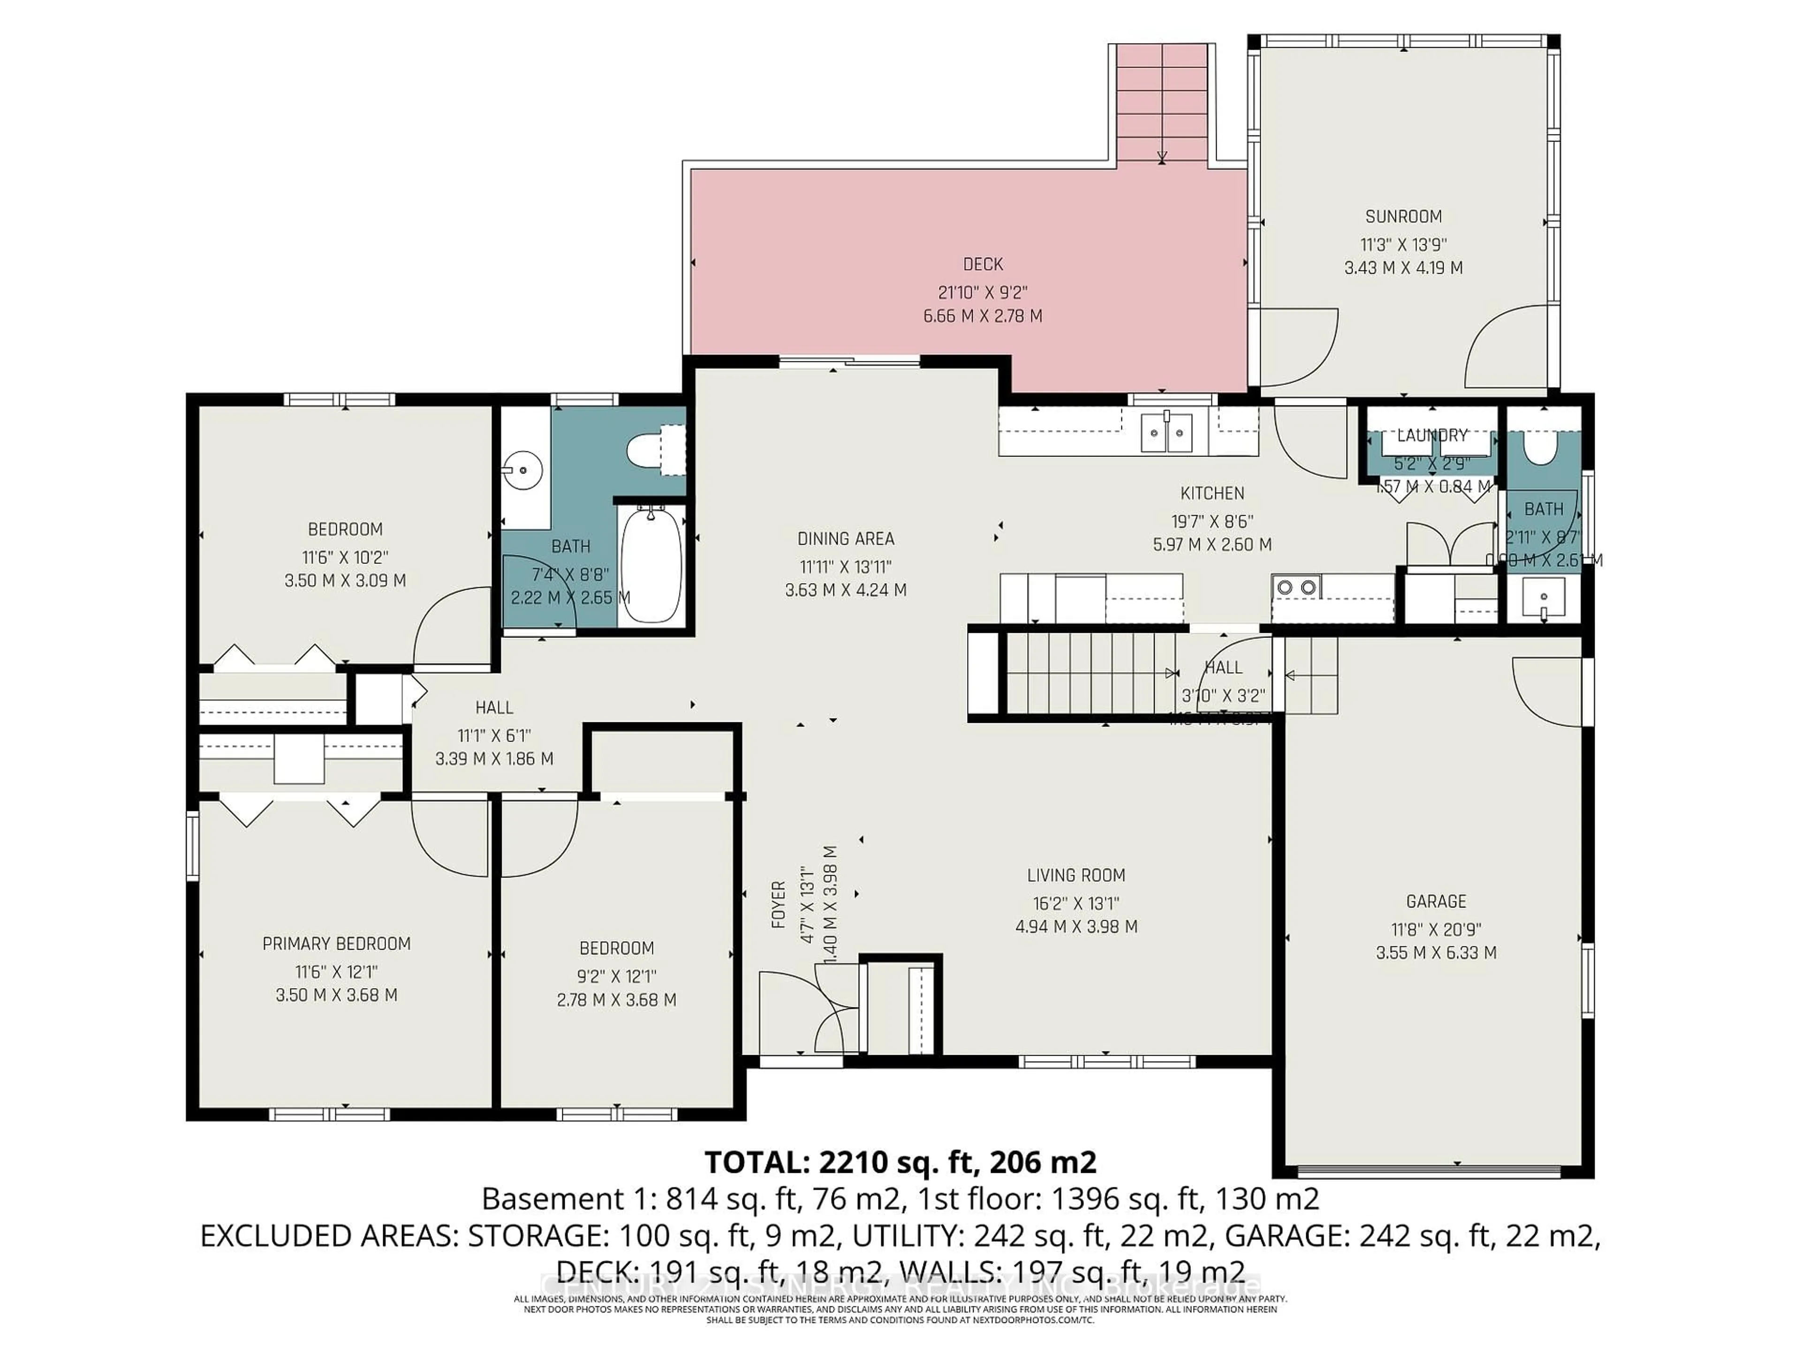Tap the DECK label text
(983, 264)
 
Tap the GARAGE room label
(1436, 901)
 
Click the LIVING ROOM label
(1075, 876)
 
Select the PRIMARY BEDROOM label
(336, 944)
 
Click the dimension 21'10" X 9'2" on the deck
(983, 292)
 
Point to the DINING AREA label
(845, 539)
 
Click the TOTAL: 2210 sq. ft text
(900, 1162)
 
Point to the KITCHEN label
(1211, 493)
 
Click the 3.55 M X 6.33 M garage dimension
(1436, 953)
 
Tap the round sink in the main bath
(520, 470)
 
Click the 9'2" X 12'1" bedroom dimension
(616, 975)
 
